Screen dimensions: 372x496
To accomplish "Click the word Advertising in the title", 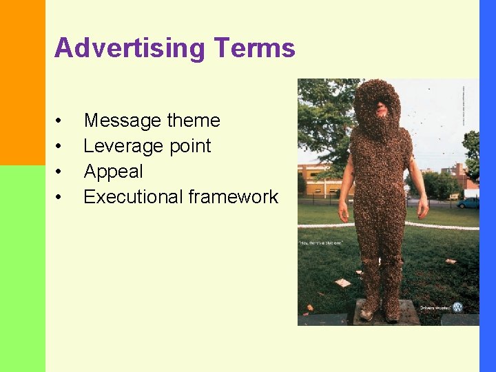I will [x=130, y=49].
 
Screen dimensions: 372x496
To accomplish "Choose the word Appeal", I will [x=113, y=172].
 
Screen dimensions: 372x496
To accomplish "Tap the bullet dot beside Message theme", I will [x=60, y=122].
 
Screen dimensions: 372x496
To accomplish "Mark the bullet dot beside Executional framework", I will [x=60, y=198].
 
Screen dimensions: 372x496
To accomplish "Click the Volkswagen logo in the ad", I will [x=457, y=307].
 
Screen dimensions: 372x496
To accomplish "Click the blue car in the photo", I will [x=468, y=203].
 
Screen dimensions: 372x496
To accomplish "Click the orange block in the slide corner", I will [x=22, y=83].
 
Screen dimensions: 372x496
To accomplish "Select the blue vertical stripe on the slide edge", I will [x=487, y=186].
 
